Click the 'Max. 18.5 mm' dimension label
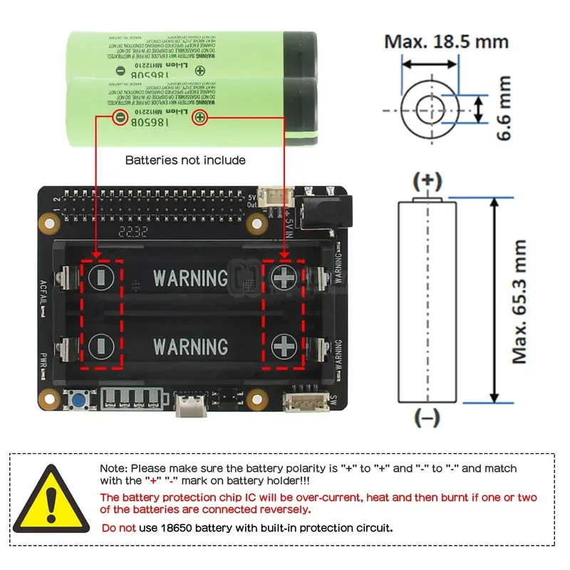point(447,41)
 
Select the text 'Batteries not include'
point(185,160)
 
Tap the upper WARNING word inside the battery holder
point(190,277)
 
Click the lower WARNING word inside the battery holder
point(190,347)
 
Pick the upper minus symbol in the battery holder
point(100,277)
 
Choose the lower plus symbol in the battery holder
point(284,347)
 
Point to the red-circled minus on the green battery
point(120,116)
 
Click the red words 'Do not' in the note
point(118,528)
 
